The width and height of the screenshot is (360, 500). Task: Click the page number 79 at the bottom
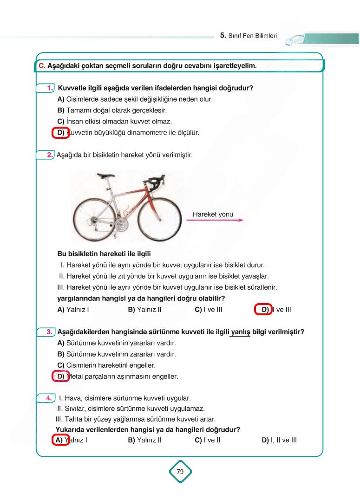coord(180,472)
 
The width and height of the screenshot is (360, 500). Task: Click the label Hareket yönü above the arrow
coord(213,214)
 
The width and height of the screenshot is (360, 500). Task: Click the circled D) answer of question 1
coord(60,132)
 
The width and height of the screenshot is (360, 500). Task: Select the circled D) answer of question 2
coord(264,310)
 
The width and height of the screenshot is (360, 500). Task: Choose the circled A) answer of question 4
coord(60,440)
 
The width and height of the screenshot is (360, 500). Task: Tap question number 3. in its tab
coord(48,332)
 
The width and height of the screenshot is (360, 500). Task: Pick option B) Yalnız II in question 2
coord(144,310)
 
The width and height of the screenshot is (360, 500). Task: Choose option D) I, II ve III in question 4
coord(279,440)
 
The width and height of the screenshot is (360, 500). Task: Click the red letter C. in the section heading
coord(42,66)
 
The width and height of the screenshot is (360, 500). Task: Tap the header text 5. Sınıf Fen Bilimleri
coord(249,35)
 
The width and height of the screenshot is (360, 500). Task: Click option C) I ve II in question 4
coord(208,440)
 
